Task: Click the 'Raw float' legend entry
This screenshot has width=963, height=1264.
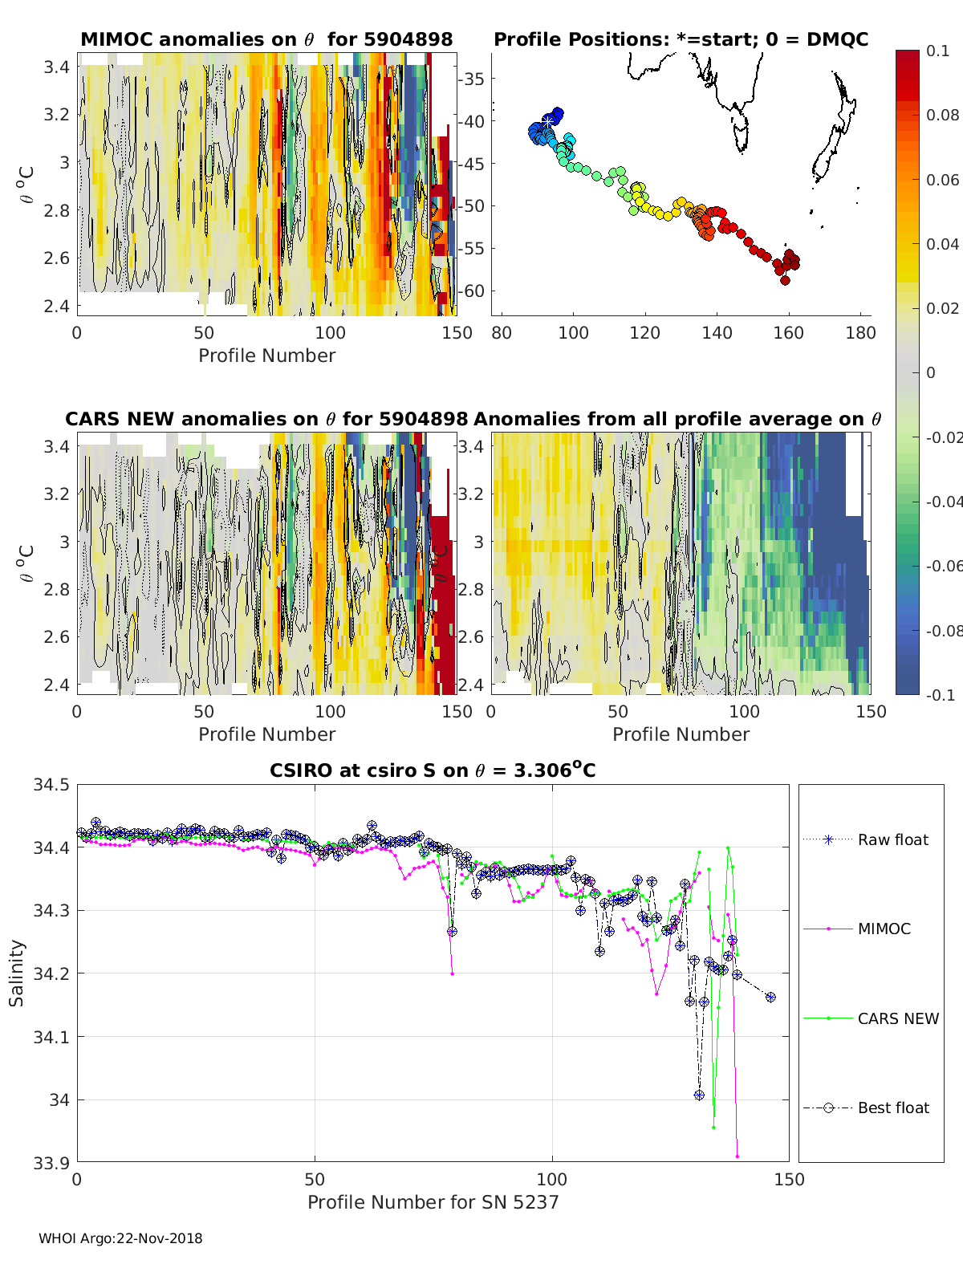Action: pyautogui.click(x=866, y=839)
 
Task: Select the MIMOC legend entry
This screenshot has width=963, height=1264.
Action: pyautogui.click(x=857, y=929)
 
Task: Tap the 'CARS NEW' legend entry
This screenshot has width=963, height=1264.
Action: pyautogui.click(x=871, y=1018)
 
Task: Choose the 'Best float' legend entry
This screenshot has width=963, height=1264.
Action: pyautogui.click(x=866, y=1108)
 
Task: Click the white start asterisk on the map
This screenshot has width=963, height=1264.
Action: pyautogui.click(x=548, y=121)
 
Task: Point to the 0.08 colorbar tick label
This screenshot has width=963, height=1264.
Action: pyautogui.click(x=941, y=116)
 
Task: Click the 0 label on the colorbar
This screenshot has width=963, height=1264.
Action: pyautogui.click(x=931, y=372)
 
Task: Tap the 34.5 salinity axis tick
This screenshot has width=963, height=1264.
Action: pyautogui.click(x=51, y=784)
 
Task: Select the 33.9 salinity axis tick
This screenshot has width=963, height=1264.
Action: pyautogui.click(x=51, y=1163)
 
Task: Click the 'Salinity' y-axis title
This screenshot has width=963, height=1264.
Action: pyautogui.click(x=17, y=973)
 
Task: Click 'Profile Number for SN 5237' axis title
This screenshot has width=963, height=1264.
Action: pyautogui.click(x=433, y=1202)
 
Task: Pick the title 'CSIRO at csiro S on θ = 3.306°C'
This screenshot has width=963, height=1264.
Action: pyautogui.click(x=433, y=770)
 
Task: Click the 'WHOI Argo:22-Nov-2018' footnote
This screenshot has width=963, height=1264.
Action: pyautogui.click(x=120, y=1238)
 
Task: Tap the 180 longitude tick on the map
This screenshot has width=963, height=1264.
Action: pyautogui.click(x=860, y=333)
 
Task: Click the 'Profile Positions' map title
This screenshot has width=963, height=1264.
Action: pyautogui.click(x=681, y=39)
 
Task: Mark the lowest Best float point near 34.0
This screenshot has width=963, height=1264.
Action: pyautogui.click(x=699, y=1095)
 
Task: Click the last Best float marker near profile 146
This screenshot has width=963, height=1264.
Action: pyautogui.click(x=770, y=997)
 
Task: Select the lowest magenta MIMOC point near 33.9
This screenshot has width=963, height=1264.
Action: pyautogui.click(x=737, y=1156)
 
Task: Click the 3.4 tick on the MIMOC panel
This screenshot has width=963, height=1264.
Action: pyautogui.click(x=56, y=67)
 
